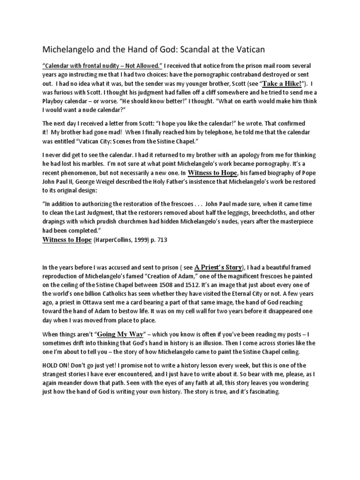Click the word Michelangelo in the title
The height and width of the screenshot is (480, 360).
tap(67, 49)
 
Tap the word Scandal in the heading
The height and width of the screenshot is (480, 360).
tap(203, 49)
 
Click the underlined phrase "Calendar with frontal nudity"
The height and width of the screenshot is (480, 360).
tap(83, 65)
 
